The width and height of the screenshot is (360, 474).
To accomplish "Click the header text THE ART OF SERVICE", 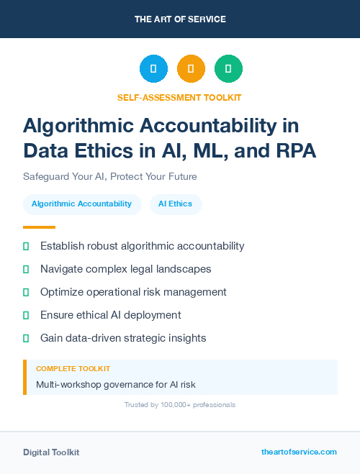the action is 180,19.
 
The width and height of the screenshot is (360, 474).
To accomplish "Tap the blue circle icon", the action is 153,69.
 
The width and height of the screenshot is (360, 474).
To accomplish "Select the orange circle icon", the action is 191,69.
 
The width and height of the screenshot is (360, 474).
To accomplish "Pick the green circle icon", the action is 228,69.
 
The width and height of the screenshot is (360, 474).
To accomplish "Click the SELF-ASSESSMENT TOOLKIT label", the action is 179,97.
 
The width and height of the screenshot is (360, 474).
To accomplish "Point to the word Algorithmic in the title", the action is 76,126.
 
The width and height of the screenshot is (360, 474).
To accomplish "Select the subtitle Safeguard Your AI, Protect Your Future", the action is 110,176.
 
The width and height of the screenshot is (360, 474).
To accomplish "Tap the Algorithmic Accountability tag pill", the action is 81,204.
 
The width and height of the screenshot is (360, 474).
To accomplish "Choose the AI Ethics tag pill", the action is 176,204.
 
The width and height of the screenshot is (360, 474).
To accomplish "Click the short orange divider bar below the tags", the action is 35,227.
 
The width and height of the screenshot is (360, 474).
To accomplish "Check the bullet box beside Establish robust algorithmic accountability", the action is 26,247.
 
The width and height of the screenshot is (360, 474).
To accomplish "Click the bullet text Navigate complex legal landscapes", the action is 126,269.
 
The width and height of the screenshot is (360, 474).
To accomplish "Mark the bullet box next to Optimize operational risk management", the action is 26,292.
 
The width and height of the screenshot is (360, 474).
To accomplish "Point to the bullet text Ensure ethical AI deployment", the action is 111,315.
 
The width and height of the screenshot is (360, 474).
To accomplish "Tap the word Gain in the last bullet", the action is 53,338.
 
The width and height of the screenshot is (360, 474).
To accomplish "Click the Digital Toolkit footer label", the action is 51,452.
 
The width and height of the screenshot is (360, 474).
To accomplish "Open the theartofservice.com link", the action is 299,452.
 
